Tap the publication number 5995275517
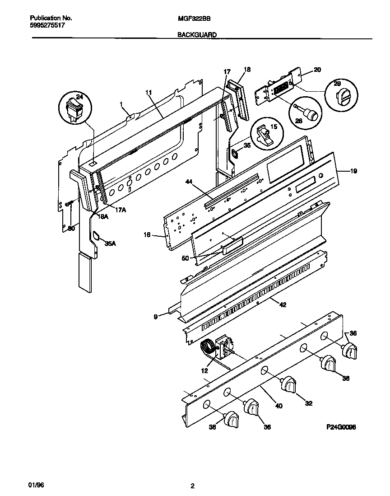(x=47, y=26)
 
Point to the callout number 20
(x=317, y=70)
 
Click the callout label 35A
(x=110, y=243)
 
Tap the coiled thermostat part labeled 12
(x=208, y=349)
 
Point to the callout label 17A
(x=120, y=210)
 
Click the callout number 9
(x=156, y=317)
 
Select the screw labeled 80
(x=70, y=204)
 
